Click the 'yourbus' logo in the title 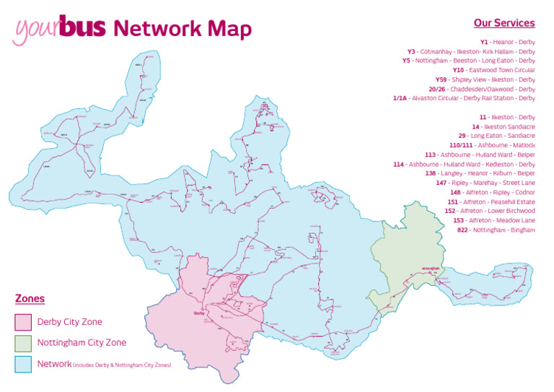59,29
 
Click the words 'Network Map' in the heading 183,28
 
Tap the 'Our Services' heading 504,23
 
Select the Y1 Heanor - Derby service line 507,42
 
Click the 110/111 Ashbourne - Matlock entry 491,145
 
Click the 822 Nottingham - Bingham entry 496,230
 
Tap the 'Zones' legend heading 30,299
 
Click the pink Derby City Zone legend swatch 23,322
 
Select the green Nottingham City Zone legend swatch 23,343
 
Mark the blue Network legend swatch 23,364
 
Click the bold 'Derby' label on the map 200,313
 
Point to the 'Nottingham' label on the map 430,265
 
